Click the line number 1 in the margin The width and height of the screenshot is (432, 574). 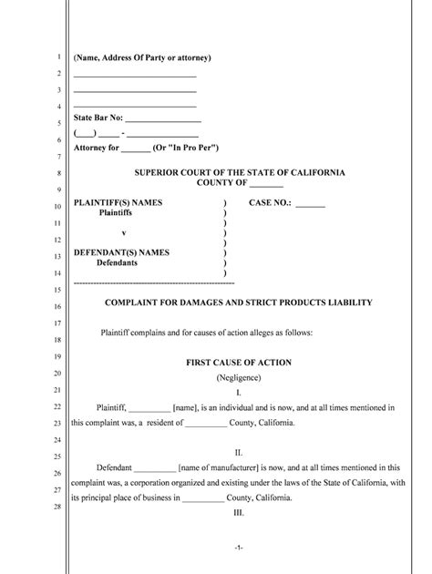(57, 56)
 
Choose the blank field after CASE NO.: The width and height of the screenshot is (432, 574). (310, 203)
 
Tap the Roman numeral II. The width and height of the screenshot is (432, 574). (239, 452)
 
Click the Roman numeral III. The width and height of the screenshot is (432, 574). (239, 513)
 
